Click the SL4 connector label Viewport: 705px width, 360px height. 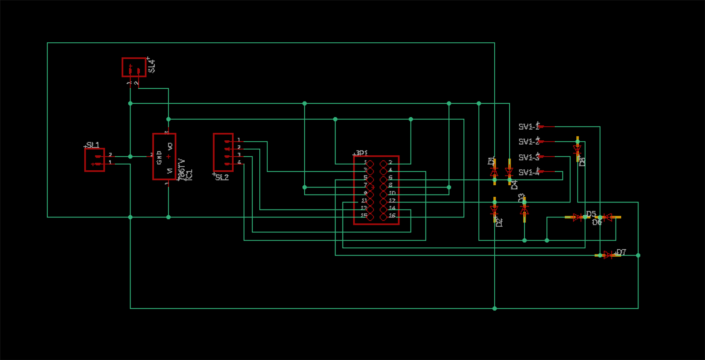point(152,66)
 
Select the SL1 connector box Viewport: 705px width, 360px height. point(94,160)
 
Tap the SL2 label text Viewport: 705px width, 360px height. point(222,177)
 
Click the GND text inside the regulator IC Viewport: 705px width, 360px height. point(159,157)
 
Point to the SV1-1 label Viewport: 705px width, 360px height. point(529,127)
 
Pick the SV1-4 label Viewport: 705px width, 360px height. point(529,172)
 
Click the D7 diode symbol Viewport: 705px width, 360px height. point(608,255)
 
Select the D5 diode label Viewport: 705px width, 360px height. point(591,214)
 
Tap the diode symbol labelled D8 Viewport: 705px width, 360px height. point(577,149)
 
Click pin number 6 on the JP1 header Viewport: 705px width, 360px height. point(390,178)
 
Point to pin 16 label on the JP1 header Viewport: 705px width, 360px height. point(392,216)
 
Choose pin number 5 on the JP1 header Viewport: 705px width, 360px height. point(365,178)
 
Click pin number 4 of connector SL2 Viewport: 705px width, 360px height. point(239,162)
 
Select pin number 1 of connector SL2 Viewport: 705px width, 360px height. point(239,140)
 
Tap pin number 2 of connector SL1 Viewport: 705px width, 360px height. point(110,155)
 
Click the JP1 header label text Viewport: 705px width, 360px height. point(362,153)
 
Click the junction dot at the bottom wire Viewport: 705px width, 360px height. point(495,308)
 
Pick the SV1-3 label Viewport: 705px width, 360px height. point(529,157)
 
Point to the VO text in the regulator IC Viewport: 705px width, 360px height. point(170,146)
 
